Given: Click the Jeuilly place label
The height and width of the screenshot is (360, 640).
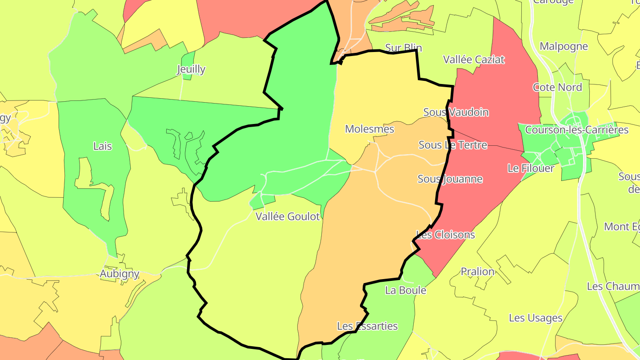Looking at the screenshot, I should click(x=191, y=69).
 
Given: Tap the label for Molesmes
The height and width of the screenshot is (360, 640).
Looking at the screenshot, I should click(x=370, y=129).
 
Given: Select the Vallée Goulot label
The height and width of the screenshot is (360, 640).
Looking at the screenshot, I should click(x=288, y=217).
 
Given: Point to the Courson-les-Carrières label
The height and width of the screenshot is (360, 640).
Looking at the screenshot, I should click(x=576, y=130).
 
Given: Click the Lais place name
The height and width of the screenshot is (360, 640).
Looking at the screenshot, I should click(x=102, y=146).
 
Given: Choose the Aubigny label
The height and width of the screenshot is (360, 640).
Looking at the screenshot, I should click(x=120, y=274).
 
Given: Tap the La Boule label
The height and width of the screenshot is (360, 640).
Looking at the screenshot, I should click(x=405, y=291).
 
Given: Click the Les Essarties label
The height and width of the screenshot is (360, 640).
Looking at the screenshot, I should click(x=367, y=326).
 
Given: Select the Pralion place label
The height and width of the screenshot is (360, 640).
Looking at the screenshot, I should click(x=477, y=272).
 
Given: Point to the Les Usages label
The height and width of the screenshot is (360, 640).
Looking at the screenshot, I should click(x=536, y=318).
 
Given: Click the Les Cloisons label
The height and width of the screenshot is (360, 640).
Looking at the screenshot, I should click(x=445, y=235).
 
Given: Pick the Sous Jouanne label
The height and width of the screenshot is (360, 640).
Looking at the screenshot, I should click(x=450, y=179).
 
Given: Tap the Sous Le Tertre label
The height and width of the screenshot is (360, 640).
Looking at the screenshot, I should click(x=453, y=145).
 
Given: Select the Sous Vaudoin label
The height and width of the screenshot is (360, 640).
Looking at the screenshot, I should click(x=456, y=112).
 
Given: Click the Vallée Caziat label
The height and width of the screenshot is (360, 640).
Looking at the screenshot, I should click(x=474, y=60).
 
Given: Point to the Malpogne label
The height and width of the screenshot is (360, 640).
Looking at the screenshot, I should click(x=564, y=46).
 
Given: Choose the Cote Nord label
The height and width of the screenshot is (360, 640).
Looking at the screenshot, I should click(x=557, y=88).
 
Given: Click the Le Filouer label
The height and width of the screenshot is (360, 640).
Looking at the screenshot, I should click(x=531, y=168).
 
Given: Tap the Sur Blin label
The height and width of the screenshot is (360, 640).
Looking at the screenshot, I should click(x=404, y=48).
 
